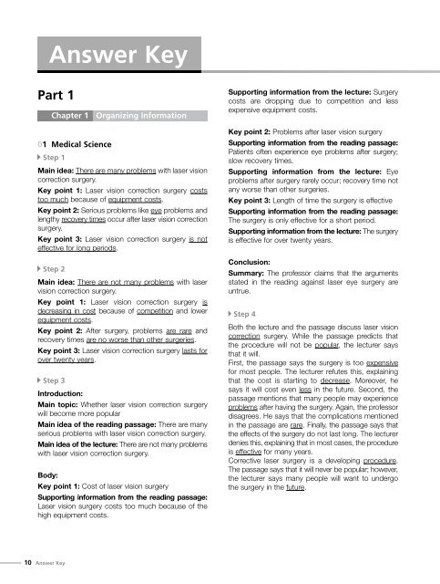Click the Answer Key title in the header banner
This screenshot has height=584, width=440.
118,59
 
